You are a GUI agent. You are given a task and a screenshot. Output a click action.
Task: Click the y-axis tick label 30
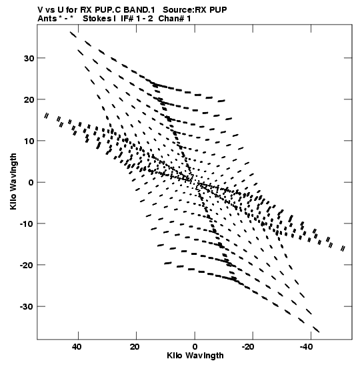pyautogui.click(x=29, y=58)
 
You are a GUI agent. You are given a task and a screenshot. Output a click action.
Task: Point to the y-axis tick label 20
pyautogui.click(x=29, y=99)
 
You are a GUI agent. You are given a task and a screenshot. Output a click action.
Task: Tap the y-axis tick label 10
pyautogui.click(x=29, y=141)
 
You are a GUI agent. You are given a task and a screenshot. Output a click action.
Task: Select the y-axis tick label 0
pyautogui.click(x=31, y=183)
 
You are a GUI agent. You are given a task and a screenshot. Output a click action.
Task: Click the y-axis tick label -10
pyautogui.click(x=27, y=224)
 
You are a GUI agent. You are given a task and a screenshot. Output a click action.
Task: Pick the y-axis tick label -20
pyautogui.click(x=27, y=266)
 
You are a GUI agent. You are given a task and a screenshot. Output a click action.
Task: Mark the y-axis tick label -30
pyautogui.click(x=27, y=307)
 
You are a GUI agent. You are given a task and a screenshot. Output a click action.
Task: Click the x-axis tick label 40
pyautogui.click(x=77, y=347)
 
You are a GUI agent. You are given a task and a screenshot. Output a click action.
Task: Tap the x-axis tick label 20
pyautogui.click(x=135, y=347)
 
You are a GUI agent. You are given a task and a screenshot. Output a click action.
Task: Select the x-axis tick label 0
pyautogui.click(x=195, y=347)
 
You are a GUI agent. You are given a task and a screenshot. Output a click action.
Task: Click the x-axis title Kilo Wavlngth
pyautogui.click(x=195, y=356)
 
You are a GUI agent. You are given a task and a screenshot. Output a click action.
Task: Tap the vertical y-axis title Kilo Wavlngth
pyautogui.click(x=13, y=181)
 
